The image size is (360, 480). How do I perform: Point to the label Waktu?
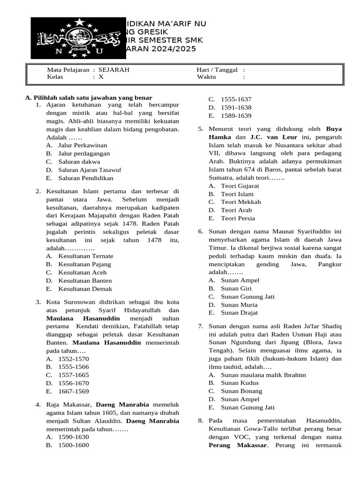pos(207,77)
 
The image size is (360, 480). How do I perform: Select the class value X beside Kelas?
pos(101,77)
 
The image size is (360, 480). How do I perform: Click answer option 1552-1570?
pos(73,359)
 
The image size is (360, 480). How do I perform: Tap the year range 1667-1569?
pos(73,391)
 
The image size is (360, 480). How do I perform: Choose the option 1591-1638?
pos(236,107)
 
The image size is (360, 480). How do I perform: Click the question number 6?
pos(200,232)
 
